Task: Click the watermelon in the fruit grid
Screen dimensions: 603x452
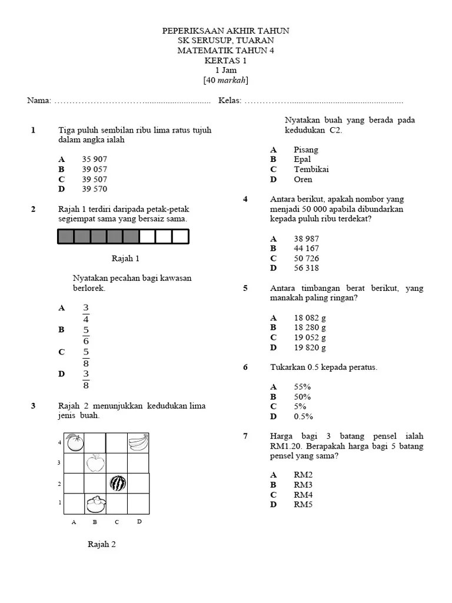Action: (x=118, y=483)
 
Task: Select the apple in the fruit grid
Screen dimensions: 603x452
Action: (x=94, y=463)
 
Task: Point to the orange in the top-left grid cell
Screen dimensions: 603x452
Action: (x=74, y=442)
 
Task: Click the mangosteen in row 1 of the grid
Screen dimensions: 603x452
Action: (x=95, y=504)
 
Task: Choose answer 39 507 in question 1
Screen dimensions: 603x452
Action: (x=94, y=179)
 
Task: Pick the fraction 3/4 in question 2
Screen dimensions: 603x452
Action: (x=85, y=313)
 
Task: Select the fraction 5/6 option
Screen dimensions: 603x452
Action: (x=85, y=335)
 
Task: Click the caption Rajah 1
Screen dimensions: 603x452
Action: (x=125, y=259)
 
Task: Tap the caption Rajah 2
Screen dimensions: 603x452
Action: (x=102, y=544)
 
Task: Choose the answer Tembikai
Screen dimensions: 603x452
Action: (x=311, y=170)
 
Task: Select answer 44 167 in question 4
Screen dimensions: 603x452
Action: (x=306, y=249)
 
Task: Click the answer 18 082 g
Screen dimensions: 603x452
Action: (x=310, y=318)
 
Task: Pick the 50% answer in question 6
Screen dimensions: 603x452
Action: (x=303, y=397)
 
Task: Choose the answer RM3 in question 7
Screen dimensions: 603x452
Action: (x=303, y=485)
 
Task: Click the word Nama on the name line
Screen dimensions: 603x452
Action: (x=38, y=101)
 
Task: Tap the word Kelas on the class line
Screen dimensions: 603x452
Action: (x=229, y=101)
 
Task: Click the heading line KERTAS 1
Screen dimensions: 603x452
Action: (x=225, y=61)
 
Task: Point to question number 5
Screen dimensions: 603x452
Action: (x=245, y=288)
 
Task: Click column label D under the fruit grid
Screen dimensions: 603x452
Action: (x=139, y=521)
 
